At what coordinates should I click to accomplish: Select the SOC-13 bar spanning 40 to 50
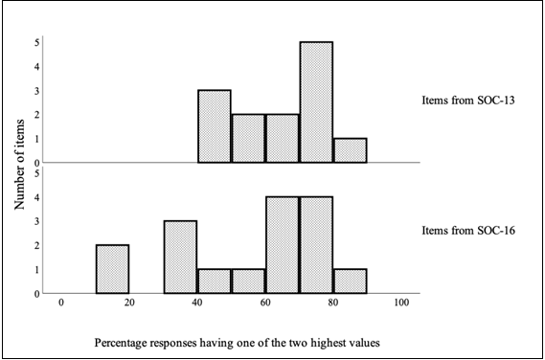pos(215,126)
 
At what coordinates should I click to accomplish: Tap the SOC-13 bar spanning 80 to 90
pos(350,150)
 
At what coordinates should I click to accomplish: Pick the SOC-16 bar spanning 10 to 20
pos(113,269)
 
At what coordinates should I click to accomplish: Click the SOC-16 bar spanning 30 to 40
pos(181,258)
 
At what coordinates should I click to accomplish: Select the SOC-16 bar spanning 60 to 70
pos(283,245)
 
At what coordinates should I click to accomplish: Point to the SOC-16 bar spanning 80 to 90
pos(350,281)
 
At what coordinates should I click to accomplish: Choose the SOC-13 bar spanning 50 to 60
pos(248,139)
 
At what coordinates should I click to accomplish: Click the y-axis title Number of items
pos(19,163)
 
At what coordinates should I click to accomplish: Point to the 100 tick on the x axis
pos(401,303)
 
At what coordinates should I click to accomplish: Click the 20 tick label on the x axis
pos(129,303)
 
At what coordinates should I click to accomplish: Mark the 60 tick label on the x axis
pos(265,303)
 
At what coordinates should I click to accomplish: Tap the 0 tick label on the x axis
pos(61,303)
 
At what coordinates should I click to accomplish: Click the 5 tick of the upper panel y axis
pos(36,43)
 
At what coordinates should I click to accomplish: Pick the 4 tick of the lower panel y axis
pos(36,198)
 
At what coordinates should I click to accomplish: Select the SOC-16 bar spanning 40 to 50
pos(215,281)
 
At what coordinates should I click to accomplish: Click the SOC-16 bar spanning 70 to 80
pos(316,245)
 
